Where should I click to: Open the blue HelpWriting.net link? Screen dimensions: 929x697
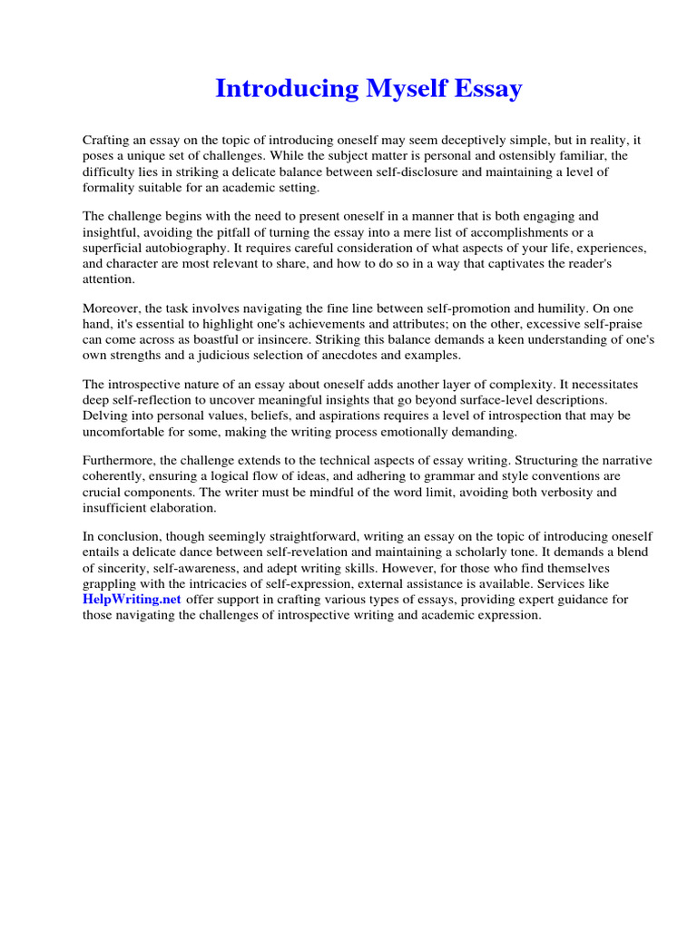133,600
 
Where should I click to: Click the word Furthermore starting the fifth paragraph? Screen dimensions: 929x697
121,460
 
